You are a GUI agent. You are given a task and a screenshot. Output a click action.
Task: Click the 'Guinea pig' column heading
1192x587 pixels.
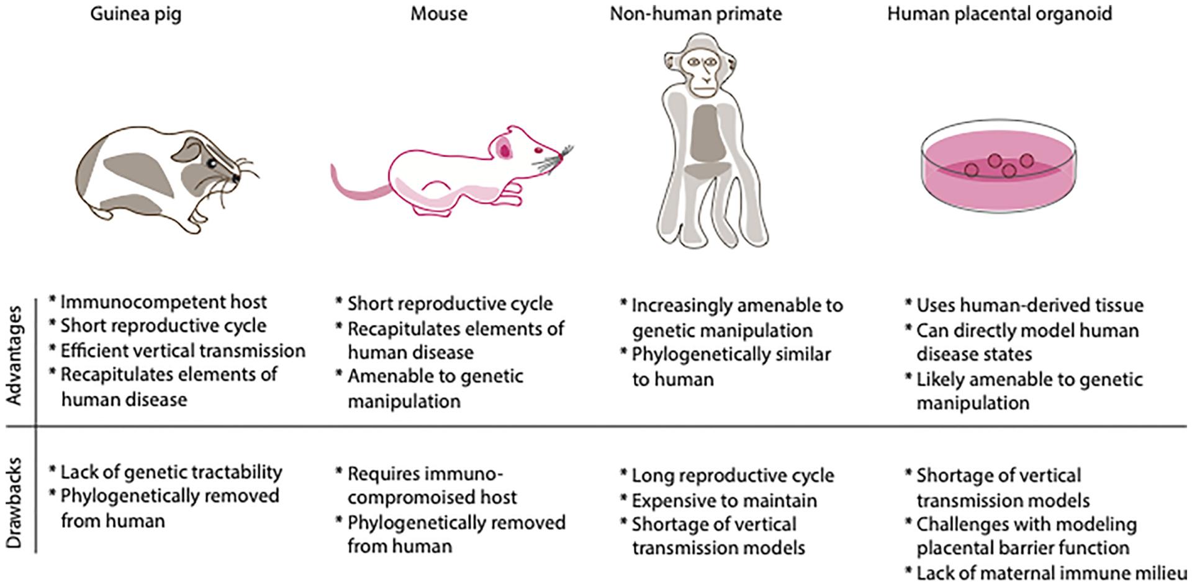click(x=135, y=14)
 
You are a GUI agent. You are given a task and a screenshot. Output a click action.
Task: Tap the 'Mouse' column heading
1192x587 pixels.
click(x=438, y=14)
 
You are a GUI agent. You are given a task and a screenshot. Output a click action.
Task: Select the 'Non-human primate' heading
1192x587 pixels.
click(x=695, y=14)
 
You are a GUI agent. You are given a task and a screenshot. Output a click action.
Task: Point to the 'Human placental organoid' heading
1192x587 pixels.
click(x=999, y=14)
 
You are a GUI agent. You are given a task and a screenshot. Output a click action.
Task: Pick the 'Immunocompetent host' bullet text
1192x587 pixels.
click(x=163, y=302)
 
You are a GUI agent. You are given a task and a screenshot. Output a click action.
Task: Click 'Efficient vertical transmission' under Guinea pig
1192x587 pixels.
click(x=183, y=351)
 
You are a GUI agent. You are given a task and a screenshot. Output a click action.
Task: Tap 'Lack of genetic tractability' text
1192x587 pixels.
click(x=171, y=472)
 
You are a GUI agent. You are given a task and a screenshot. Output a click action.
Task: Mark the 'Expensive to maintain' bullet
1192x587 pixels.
click(x=724, y=501)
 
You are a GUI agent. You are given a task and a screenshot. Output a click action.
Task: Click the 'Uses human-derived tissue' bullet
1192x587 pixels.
click(x=1029, y=305)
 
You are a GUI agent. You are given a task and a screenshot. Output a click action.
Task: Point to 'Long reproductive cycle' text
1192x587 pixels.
click(x=733, y=476)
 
